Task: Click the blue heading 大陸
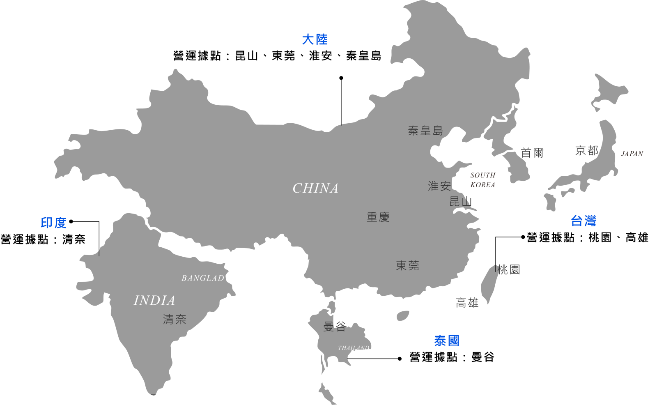[x=315, y=39]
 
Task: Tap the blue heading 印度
[x=53, y=223]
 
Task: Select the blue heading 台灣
[x=583, y=221]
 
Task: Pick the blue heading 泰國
[x=447, y=341]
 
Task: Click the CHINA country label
[x=315, y=188]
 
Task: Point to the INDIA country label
[x=154, y=301]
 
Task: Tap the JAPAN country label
[x=632, y=154]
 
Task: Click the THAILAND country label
[x=354, y=348]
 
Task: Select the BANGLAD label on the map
[x=203, y=278]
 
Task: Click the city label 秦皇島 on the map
[x=425, y=131]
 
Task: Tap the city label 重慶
[x=378, y=217]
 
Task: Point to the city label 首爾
[x=532, y=153]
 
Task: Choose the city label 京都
[x=587, y=151]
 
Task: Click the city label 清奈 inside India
[x=175, y=320]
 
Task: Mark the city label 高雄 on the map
[x=467, y=303]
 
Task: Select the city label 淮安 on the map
[x=439, y=186]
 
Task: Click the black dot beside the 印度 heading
[x=71, y=221]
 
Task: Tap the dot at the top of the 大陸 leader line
[x=341, y=78]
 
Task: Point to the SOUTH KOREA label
[x=483, y=180]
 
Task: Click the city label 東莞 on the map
[x=407, y=266]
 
